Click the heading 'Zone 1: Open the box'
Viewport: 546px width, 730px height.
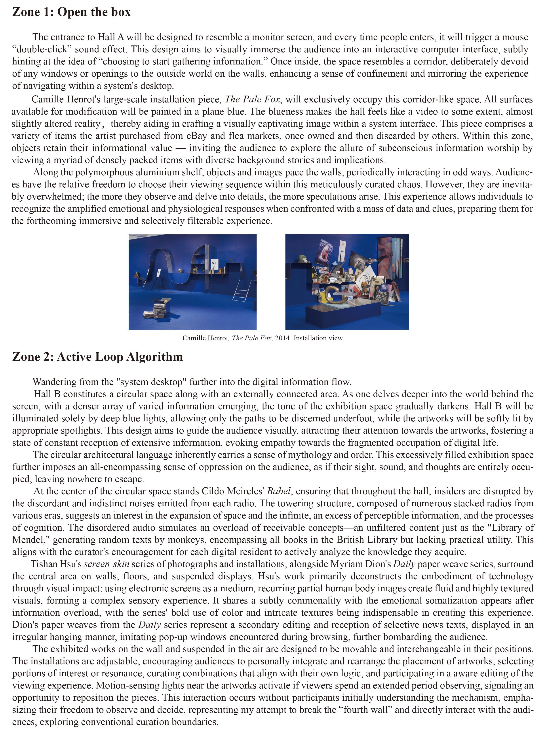click(x=71, y=12)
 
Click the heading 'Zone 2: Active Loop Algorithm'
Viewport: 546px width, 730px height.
click(x=97, y=357)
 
